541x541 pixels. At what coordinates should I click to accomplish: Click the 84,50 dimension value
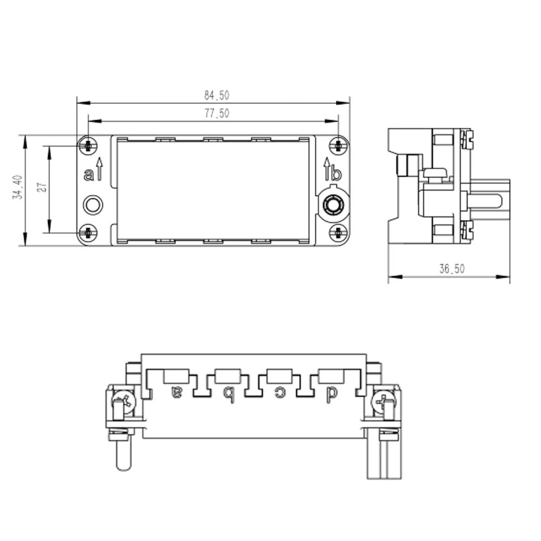click(x=217, y=95)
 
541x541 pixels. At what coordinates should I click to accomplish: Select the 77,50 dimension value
click(x=217, y=113)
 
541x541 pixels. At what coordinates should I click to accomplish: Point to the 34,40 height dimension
click(x=18, y=187)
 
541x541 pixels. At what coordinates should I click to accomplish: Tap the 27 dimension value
click(x=42, y=187)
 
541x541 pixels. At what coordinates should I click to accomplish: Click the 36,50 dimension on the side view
click(x=452, y=269)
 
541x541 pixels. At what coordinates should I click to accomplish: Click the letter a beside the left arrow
click(x=88, y=175)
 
